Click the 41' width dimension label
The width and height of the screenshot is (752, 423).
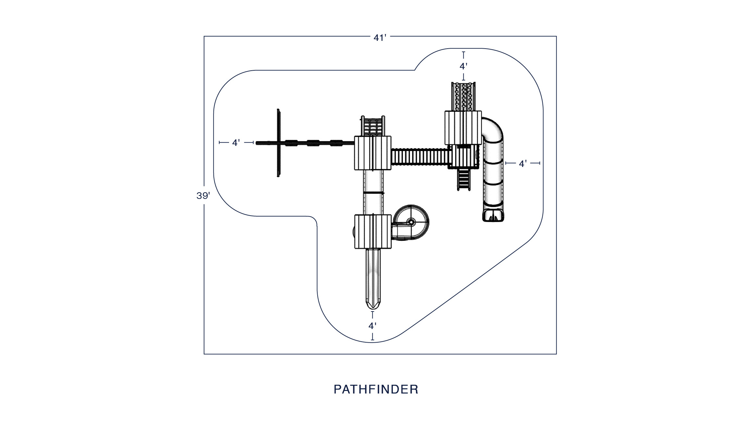(380, 38)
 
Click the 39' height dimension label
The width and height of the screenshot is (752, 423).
(203, 196)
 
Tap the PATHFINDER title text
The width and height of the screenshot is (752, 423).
(376, 389)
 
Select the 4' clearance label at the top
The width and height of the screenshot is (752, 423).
(463, 66)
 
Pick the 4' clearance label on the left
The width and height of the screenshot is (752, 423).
(236, 143)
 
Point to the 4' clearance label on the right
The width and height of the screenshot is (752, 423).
(523, 164)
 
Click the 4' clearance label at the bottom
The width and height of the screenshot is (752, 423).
(372, 326)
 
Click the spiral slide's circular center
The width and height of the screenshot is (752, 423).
(411, 222)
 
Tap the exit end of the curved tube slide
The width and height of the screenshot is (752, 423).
(493, 215)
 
